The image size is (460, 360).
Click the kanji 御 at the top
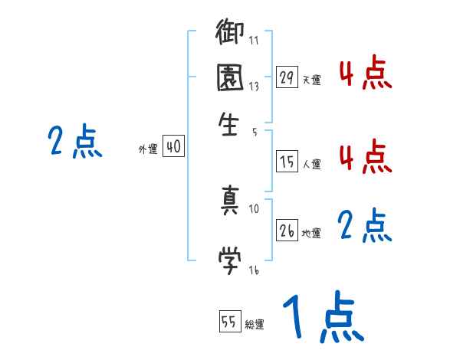click(x=231, y=34)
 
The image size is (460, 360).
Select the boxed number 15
click(x=287, y=162)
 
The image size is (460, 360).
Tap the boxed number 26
click(x=287, y=231)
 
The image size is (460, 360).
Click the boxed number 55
click(x=229, y=322)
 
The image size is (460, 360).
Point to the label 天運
click(x=311, y=80)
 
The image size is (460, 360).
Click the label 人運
click(x=311, y=164)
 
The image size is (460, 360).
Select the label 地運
click(x=311, y=233)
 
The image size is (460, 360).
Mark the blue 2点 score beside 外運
click(x=74, y=142)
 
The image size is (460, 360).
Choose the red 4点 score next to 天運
click(x=365, y=74)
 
